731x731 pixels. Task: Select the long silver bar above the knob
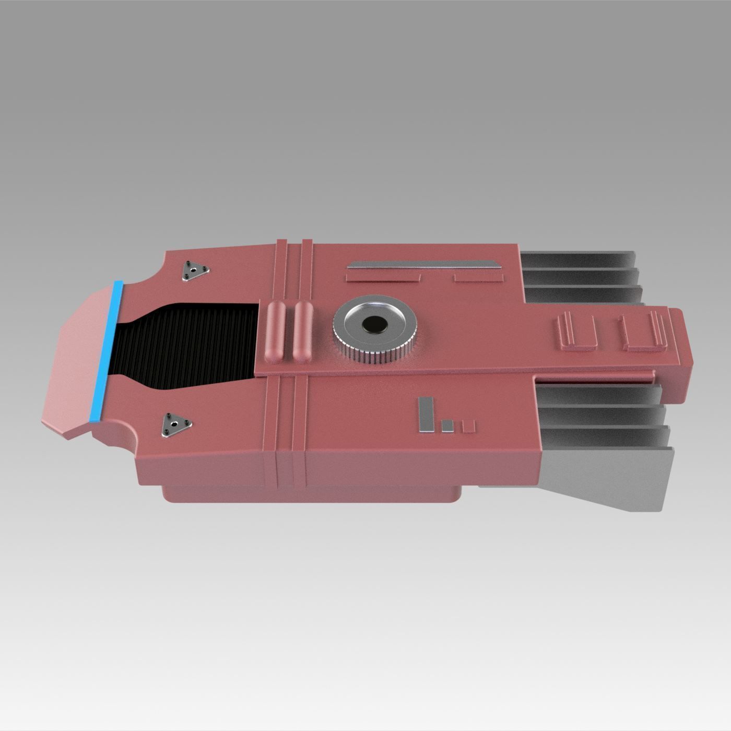pyautogui.click(x=423, y=265)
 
